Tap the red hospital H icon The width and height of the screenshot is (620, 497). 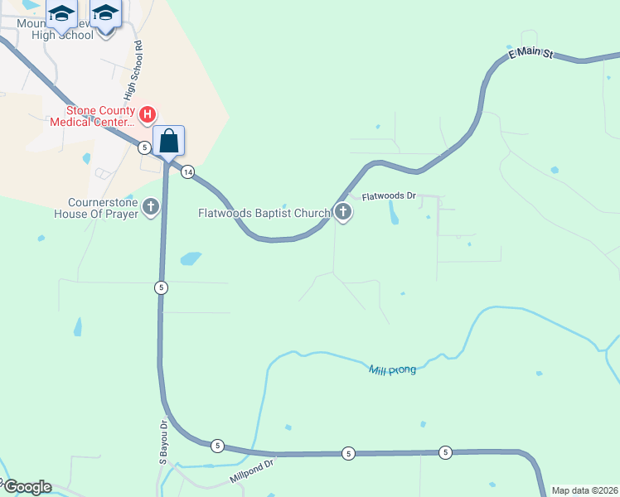pos(148,113)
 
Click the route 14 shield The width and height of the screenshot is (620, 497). pos(188,171)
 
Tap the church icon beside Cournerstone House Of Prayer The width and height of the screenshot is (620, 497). pos(151,206)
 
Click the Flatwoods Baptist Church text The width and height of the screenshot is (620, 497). pos(264,213)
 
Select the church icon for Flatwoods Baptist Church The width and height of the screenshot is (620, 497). pos(342,212)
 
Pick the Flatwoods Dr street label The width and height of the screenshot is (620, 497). pos(388,197)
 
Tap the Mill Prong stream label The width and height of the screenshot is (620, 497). pos(392,369)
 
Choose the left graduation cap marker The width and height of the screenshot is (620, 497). pos(61,14)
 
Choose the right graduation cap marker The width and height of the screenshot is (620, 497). pos(104,14)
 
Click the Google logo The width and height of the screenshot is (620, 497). pos(27,487)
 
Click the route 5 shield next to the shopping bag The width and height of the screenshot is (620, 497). pos(145,147)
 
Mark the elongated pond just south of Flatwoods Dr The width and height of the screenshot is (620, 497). pos(393,214)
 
